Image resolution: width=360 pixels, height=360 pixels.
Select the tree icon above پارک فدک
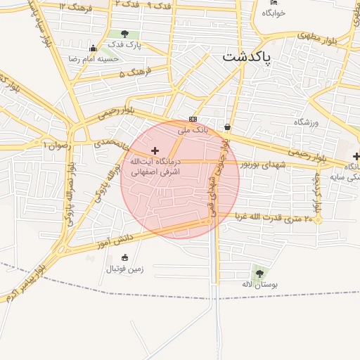coord(124,34)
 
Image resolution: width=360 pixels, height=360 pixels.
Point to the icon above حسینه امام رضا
coord(94,48)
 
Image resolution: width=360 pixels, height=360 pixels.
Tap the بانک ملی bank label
coord(194,130)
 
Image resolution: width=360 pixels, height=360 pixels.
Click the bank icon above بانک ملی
coord(193,119)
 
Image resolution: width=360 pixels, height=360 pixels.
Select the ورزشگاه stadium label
coord(307,122)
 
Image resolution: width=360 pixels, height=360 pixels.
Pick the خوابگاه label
coord(274,13)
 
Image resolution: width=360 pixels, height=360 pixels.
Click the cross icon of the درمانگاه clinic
coord(155,150)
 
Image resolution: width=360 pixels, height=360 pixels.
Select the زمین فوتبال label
coord(124,269)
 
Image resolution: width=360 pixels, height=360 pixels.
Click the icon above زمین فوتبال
coord(124,257)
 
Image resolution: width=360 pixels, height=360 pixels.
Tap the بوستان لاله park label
coord(265,284)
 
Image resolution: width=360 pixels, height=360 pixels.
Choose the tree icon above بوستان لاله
coord(260,273)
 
